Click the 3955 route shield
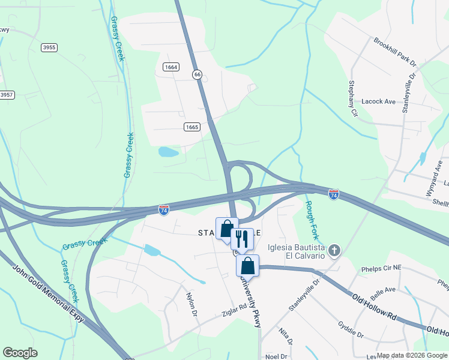(x=49, y=47)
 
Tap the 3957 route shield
(x=6, y=95)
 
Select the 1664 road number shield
(x=170, y=67)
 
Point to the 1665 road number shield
(x=191, y=127)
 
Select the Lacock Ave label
(x=379, y=102)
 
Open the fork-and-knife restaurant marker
(x=243, y=239)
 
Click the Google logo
(x=20, y=353)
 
